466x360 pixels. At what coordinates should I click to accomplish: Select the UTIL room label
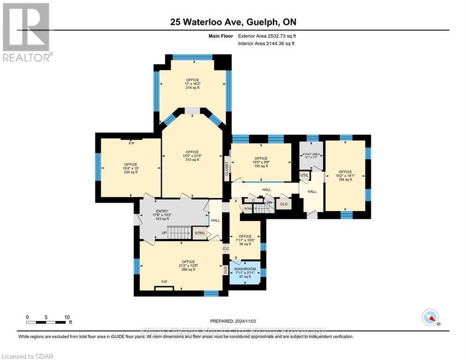(x=304, y=175)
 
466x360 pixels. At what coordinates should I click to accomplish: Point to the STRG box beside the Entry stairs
(x=200, y=232)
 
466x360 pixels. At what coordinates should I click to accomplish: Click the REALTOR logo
(x=26, y=31)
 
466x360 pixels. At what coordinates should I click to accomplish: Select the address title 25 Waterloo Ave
(x=233, y=22)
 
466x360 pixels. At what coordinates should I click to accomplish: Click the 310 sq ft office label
(x=192, y=156)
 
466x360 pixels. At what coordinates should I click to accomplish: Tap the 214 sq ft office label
(x=192, y=83)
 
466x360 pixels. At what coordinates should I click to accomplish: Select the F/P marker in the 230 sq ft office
(x=131, y=143)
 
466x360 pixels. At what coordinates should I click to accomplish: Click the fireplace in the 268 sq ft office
(x=164, y=287)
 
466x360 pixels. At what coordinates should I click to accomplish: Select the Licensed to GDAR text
(x=27, y=356)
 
